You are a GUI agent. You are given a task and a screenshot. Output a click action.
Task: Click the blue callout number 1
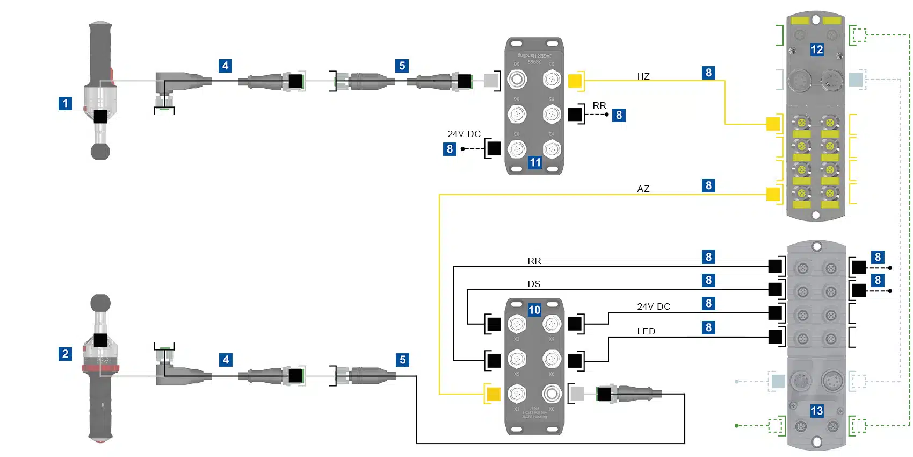(x=65, y=103)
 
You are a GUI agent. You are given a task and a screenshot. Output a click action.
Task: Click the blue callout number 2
(x=65, y=354)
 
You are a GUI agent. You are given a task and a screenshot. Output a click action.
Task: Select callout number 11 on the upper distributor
(x=535, y=162)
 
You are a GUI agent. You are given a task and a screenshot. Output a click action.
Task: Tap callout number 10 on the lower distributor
(x=534, y=310)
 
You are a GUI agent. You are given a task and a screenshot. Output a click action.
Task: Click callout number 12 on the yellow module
(x=816, y=50)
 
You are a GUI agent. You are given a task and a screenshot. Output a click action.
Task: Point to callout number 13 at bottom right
(x=816, y=411)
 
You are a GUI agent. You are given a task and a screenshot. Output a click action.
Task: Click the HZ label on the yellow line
(x=643, y=76)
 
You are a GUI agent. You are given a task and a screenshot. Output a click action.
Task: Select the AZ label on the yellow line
(x=643, y=189)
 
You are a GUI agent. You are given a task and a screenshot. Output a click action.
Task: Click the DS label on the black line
(x=534, y=284)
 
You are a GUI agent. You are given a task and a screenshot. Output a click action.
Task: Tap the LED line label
(x=646, y=331)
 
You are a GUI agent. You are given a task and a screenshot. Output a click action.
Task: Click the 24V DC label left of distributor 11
(x=464, y=134)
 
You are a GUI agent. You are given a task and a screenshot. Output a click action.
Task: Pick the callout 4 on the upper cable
(x=225, y=66)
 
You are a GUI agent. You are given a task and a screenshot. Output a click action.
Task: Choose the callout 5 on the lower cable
(x=402, y=360)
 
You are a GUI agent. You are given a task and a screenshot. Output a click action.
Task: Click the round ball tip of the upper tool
(x=100, y=151)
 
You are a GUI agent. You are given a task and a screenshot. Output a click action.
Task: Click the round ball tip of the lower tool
(x=100, y=303)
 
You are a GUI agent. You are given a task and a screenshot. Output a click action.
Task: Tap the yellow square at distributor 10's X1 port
(x=493, y=394)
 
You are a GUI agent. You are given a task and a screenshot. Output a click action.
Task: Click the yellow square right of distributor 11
(x=575, y=81)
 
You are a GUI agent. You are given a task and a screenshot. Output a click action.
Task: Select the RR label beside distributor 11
(x=599, y=105)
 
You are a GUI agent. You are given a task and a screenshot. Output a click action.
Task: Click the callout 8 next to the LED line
(x=708, y=327)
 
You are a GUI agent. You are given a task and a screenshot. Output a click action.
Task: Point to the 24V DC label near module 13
(x=654, y=306)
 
